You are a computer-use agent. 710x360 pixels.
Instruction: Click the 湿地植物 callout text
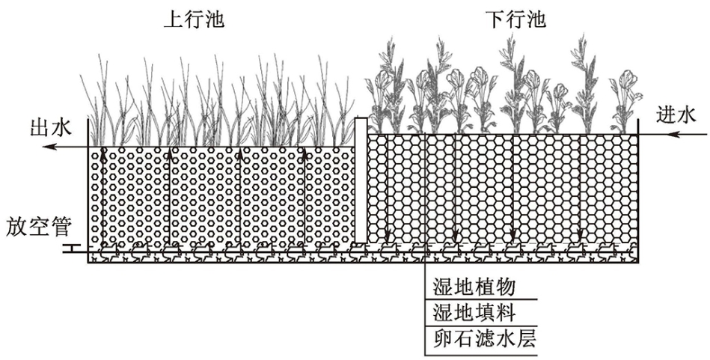[x=474, y=287]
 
